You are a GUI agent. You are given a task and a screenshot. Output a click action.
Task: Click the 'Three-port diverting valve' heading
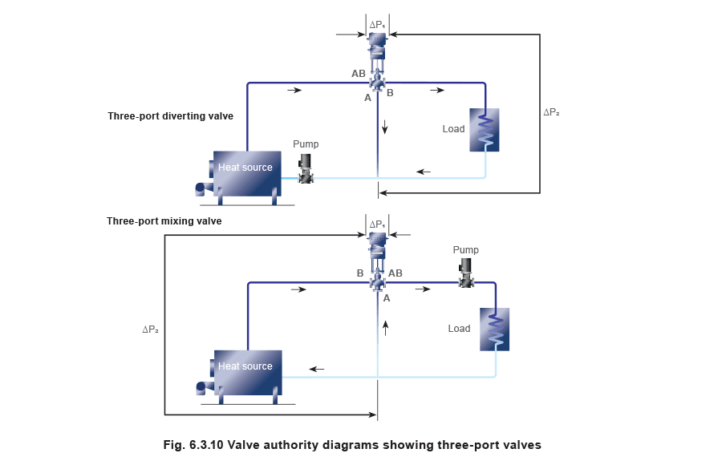(170, 116)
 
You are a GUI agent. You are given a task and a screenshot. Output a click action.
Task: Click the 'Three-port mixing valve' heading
(164, 220)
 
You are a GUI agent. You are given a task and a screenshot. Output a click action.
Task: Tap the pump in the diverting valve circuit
(306, 170)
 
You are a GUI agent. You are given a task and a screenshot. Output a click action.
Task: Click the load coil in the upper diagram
(485, 129)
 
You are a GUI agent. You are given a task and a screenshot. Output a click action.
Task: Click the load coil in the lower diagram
(494, 329)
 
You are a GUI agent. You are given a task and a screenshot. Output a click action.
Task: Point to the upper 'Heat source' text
(245, 168)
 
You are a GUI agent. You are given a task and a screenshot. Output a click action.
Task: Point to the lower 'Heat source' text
(245, 366)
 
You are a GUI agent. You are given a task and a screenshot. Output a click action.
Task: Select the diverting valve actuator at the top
(376, 43)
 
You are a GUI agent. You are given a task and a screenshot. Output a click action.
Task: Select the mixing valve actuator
(376, 243)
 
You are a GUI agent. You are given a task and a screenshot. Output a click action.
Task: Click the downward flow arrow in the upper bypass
(385, 126)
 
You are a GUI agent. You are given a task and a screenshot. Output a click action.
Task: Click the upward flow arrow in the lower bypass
(385, 325)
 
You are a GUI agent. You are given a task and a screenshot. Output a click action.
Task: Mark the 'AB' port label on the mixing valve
(395, 273)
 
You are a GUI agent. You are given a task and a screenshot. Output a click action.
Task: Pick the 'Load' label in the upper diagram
(452, 129)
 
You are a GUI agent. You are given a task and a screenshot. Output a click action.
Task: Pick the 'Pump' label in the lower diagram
(466, 251)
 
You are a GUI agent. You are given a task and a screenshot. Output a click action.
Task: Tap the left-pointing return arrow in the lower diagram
(318, 369)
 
